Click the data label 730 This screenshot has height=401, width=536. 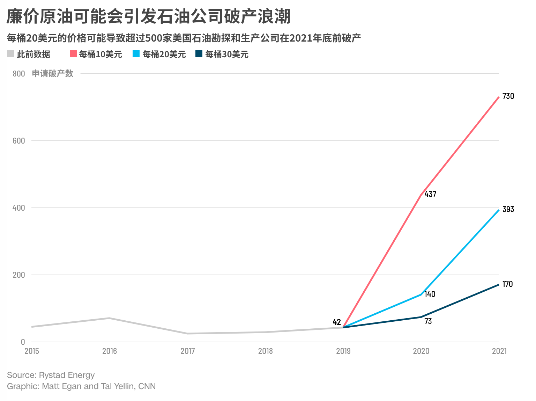(508, 96)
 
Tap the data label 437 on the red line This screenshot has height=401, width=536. (430, 194)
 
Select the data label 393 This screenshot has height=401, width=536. (508, 209)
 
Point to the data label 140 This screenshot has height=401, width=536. (430, 294)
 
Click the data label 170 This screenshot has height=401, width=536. (507, 284)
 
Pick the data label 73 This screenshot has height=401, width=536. (428, 321)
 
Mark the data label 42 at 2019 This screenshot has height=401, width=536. (336, 322)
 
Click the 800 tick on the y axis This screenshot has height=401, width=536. (19, 74)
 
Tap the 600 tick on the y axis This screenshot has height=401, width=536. (19, 141)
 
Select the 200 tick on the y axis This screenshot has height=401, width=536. (19, 275)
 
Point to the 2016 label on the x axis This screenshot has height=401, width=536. (110, 351)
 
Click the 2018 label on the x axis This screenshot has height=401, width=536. (265, 351)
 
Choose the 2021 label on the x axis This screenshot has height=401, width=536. (499, 351)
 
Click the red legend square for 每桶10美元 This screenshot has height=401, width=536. (73, 54)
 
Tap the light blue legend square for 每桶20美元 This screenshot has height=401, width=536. (136, 54)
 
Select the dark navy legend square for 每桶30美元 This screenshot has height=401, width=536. (199, 54)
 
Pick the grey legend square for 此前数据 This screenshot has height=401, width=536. (10, 54)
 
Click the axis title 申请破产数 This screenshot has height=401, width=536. (53, 73)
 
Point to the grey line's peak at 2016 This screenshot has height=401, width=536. (109, 318)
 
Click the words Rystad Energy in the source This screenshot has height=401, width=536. (67, 375)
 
